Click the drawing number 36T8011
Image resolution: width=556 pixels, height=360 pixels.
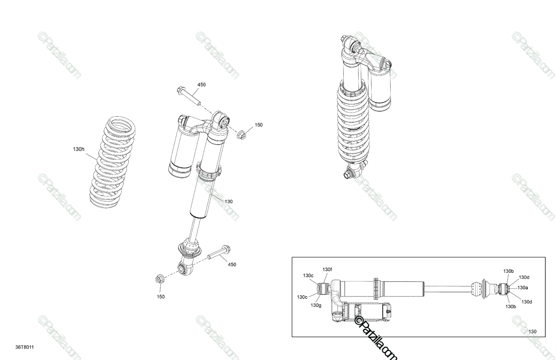tap(25, 347)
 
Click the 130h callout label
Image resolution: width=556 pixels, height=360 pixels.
tap(79, 149)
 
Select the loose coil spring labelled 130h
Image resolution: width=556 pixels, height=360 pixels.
tap(113, 162)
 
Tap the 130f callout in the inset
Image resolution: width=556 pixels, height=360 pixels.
tap(327, 269)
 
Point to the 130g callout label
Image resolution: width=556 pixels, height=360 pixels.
tap(316, 305)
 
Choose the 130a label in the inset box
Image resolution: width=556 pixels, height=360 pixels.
tap(523, 288)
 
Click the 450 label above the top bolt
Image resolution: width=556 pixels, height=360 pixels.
tap(202, 85)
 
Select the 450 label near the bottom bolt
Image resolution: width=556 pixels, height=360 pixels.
tap(232, 265)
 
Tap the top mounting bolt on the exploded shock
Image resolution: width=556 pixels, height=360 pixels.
tap(189, 96)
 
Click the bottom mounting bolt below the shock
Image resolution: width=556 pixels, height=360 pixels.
tap(219, 252)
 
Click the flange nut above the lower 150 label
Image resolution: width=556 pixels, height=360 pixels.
tap(159, 279)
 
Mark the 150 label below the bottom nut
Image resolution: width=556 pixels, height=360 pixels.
tap(161, 297)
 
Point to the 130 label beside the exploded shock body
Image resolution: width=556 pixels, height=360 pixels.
tap(228, 202)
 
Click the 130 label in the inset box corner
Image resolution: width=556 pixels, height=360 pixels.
tap(532, 331)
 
